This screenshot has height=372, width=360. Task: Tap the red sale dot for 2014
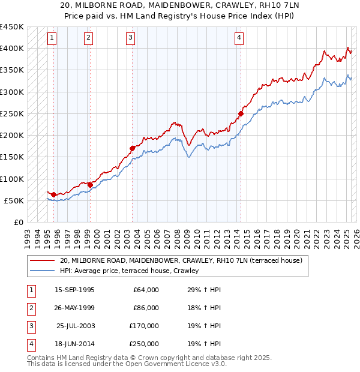click(x=241, y=113)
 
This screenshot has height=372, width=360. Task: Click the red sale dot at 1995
click(x=53, y=194)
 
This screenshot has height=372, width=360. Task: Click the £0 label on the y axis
click(x=18, y=223)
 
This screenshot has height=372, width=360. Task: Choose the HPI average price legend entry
click(x=129, y=271)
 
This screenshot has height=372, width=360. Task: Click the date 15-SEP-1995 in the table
click(x=74, y=290)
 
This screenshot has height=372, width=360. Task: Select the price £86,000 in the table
click(x=146, y=308)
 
